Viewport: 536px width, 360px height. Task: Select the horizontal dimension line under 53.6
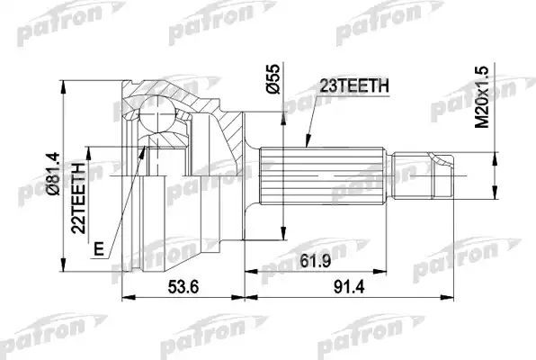click(x=184, y=297)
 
